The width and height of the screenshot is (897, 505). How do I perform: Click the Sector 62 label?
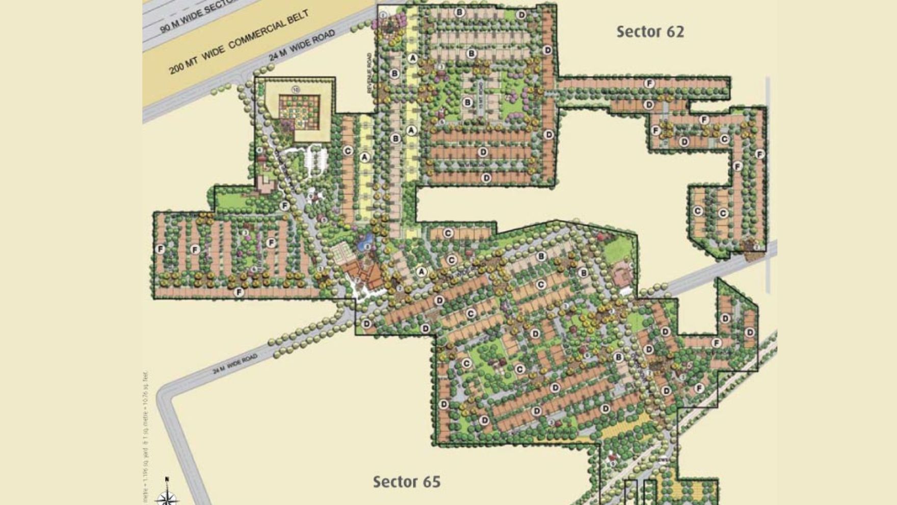click(650, 32)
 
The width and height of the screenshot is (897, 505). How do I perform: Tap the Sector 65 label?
click(406, 482)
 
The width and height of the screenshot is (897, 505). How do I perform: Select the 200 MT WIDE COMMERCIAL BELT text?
click(239, 42)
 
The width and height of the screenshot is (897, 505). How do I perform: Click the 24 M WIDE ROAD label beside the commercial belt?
click(302, 45)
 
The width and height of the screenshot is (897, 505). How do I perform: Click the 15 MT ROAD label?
click(480, 94)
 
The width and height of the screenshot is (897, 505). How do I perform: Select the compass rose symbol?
click(167, 497)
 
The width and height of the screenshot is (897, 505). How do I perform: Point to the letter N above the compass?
click(167, 479)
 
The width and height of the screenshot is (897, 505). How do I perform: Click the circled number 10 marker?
click(296, 90)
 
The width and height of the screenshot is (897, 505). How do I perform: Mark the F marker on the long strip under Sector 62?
click(649, 83)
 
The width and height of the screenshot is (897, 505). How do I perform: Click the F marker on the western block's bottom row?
click(239, 292)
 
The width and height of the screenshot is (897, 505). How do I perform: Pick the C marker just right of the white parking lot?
click(348, 151)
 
